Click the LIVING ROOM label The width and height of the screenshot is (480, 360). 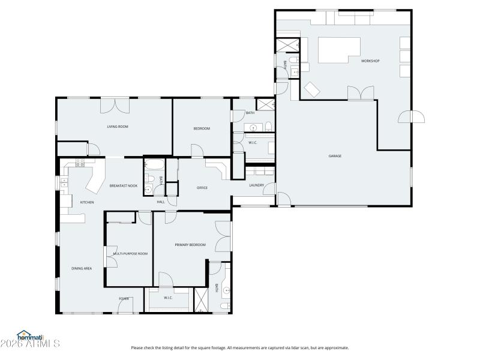pyautogui.click(x=118, y=127)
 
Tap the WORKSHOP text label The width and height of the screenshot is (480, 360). pyautogui.click(x=370, y=61)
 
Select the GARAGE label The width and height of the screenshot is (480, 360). pyautogui.click(x=335, y=156)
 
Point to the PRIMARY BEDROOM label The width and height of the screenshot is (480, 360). pyautogui.click(x=190, y=245)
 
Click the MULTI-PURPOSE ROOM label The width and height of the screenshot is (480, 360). pyautogui.click(x=130, y=254)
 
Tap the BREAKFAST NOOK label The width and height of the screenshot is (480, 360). pyautogui.click(x=124, y=186)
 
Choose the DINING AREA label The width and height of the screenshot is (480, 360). pyautogui.click(x=82, y=268)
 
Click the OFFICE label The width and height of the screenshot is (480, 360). pyautogui.click(x=202, y=188)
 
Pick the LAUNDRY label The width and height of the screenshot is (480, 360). pyautogui.click(x=257, y=185)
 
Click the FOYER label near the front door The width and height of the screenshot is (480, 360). pyautogui.click(x=124, y=298)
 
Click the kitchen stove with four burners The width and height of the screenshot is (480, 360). pyautogui.click(x=80, y=162)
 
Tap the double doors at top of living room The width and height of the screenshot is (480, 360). pyautogui.click(x=115, y=105)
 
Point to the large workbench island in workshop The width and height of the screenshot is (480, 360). pyautogui.click(x=338, y=50)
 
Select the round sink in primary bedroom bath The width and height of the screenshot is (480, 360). pyautogui.click(x=227, y=292)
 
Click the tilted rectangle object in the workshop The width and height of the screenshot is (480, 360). pyautogui.click(x=313, y=89)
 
